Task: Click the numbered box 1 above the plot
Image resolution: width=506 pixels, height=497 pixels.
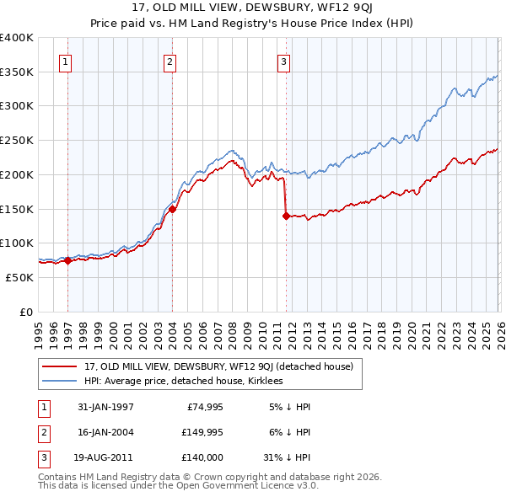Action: tap(66, 61)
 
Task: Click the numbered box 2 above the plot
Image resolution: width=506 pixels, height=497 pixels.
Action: tap(170, 61)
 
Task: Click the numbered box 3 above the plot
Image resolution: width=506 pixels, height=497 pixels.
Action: tap(284, 61)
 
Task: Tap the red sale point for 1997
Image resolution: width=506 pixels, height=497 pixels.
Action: tap(67, 260)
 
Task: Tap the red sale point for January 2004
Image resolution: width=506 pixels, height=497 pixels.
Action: tap(172, 209)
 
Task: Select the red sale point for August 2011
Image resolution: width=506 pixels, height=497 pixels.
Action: tap(286, 216)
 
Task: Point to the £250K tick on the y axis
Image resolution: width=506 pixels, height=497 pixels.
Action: tap(17, 141)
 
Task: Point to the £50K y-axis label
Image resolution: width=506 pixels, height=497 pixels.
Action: tap(20, 277)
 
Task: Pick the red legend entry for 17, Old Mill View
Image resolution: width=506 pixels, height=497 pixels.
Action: tap(223, 366)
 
